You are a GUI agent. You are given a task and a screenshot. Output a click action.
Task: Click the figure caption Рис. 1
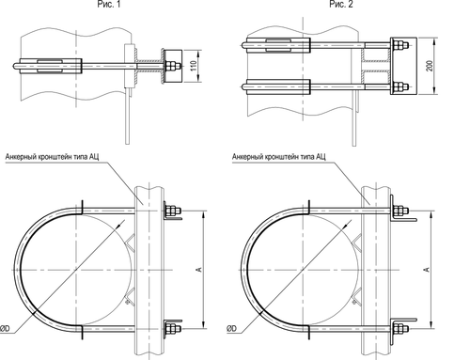point(109,4)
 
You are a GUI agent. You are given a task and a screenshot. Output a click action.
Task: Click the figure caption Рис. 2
point(340,4)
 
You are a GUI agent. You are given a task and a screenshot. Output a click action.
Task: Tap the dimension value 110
point(194,66)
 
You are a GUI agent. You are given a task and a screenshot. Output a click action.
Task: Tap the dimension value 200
point(430,66)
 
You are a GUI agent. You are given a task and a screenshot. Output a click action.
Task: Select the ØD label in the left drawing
point(5,328)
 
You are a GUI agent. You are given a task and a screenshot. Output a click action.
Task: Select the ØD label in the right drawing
point(232,328)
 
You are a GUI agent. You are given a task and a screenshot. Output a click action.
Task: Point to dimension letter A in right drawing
point(426,269)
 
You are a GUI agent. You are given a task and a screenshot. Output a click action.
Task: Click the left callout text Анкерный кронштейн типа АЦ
point(52,157)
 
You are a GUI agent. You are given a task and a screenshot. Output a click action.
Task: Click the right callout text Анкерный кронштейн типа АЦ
point(279,157)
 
